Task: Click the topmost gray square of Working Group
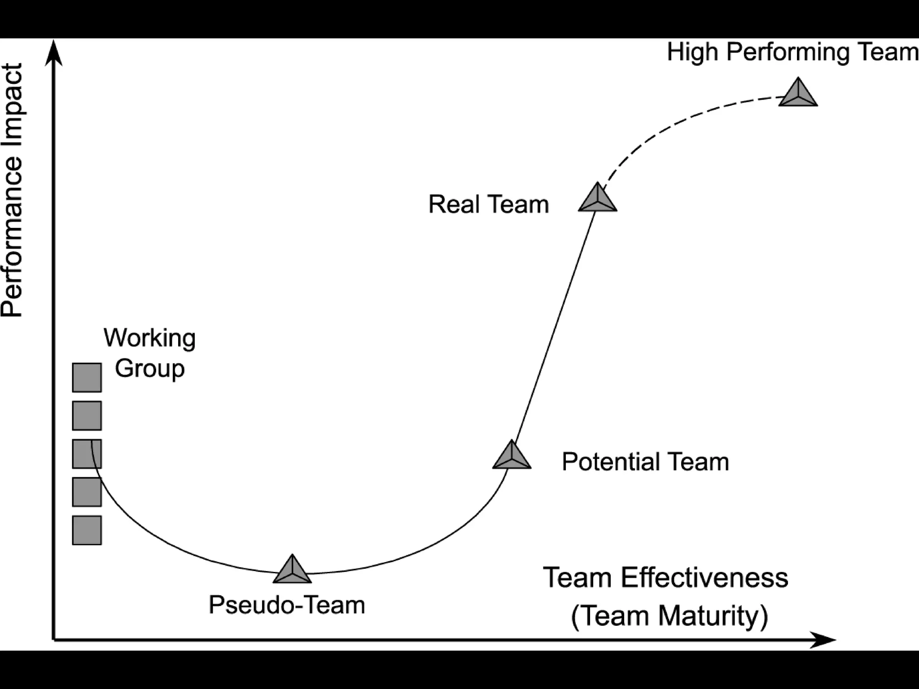pos(87,378)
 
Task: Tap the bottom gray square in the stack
pos(87,530)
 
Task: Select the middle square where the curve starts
pos(87,454)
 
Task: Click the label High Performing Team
pos(792,52)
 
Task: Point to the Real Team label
pos(488,205)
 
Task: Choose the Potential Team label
pos(645,462)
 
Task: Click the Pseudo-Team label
pos(287,605)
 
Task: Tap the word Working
pos(149,338)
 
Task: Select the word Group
pos(149,369)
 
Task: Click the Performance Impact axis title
pos(12,190)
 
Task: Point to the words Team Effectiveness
pos(665,578)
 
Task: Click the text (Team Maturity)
pos(669,615)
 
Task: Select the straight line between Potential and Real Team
pos(555,327)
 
